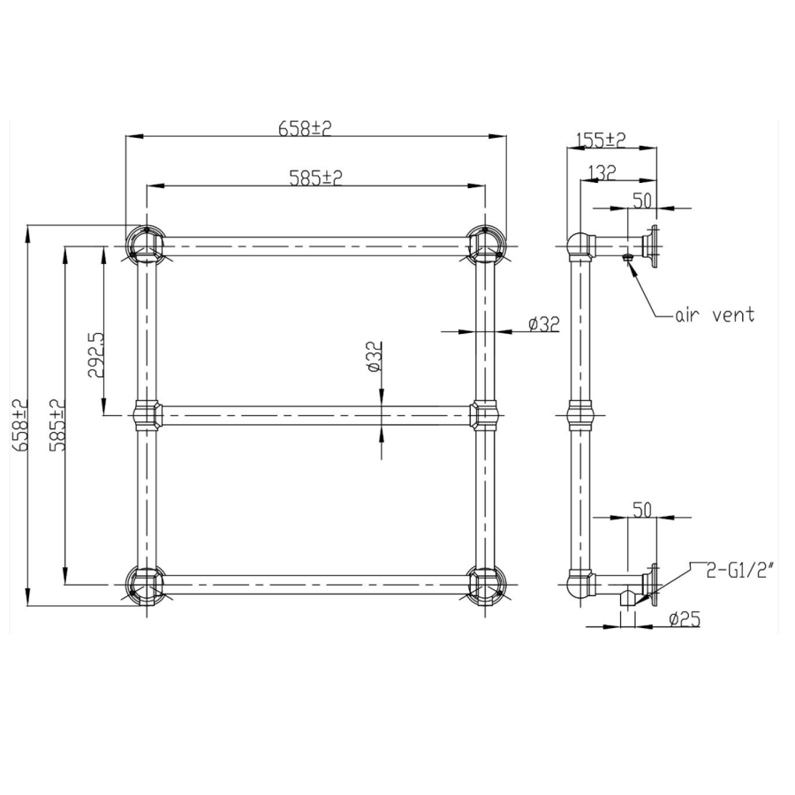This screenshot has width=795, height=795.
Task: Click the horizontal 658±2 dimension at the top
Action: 305,127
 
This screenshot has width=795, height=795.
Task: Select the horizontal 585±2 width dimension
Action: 315,178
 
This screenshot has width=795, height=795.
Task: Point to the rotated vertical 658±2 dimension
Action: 20,426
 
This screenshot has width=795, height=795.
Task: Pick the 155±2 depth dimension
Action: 600,140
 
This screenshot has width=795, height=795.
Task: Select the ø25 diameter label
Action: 684,619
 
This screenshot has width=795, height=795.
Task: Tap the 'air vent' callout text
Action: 715,315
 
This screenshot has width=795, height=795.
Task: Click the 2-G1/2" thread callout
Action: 740,571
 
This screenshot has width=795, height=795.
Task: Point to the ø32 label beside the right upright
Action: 544,324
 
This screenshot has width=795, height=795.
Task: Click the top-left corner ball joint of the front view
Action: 145,244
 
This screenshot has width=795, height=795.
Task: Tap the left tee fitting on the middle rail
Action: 146,413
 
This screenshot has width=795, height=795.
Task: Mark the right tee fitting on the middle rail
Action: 484,413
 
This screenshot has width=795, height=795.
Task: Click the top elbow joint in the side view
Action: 579,245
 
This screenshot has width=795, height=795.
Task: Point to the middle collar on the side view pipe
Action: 579,413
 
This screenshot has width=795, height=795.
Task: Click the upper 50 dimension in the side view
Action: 642,200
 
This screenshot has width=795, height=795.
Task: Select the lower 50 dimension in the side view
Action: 642,510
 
